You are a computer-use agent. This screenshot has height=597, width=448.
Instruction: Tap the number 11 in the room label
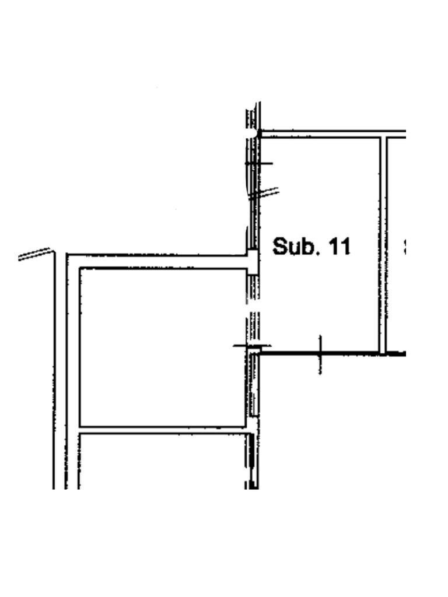point(340,247)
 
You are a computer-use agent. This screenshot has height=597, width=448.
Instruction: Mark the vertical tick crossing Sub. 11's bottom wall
point(320,354)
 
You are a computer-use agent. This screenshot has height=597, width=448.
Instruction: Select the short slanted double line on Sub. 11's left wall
point(264,194)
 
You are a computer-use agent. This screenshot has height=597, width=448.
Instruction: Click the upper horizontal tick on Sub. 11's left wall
point(258,164)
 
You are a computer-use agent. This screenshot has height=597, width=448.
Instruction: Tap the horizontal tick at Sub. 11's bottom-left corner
point(251,346)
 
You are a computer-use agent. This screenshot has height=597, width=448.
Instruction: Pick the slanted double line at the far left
point(35,255)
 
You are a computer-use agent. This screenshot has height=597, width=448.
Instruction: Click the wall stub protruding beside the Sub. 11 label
point(253,262)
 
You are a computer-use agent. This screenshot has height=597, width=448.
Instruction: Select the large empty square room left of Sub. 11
point(162,347)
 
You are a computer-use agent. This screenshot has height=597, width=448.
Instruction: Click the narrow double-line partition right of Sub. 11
point(383,245)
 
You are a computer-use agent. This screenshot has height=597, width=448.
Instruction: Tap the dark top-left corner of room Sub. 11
point(258,134)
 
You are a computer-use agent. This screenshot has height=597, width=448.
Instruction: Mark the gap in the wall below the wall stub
point(252,307)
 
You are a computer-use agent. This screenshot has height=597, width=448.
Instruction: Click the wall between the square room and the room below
point(162,430)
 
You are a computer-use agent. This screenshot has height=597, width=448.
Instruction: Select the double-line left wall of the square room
point(73,350)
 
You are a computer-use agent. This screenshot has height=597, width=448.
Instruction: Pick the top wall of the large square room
point(157,261)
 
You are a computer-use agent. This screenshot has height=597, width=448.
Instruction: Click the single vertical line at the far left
point(54,373)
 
